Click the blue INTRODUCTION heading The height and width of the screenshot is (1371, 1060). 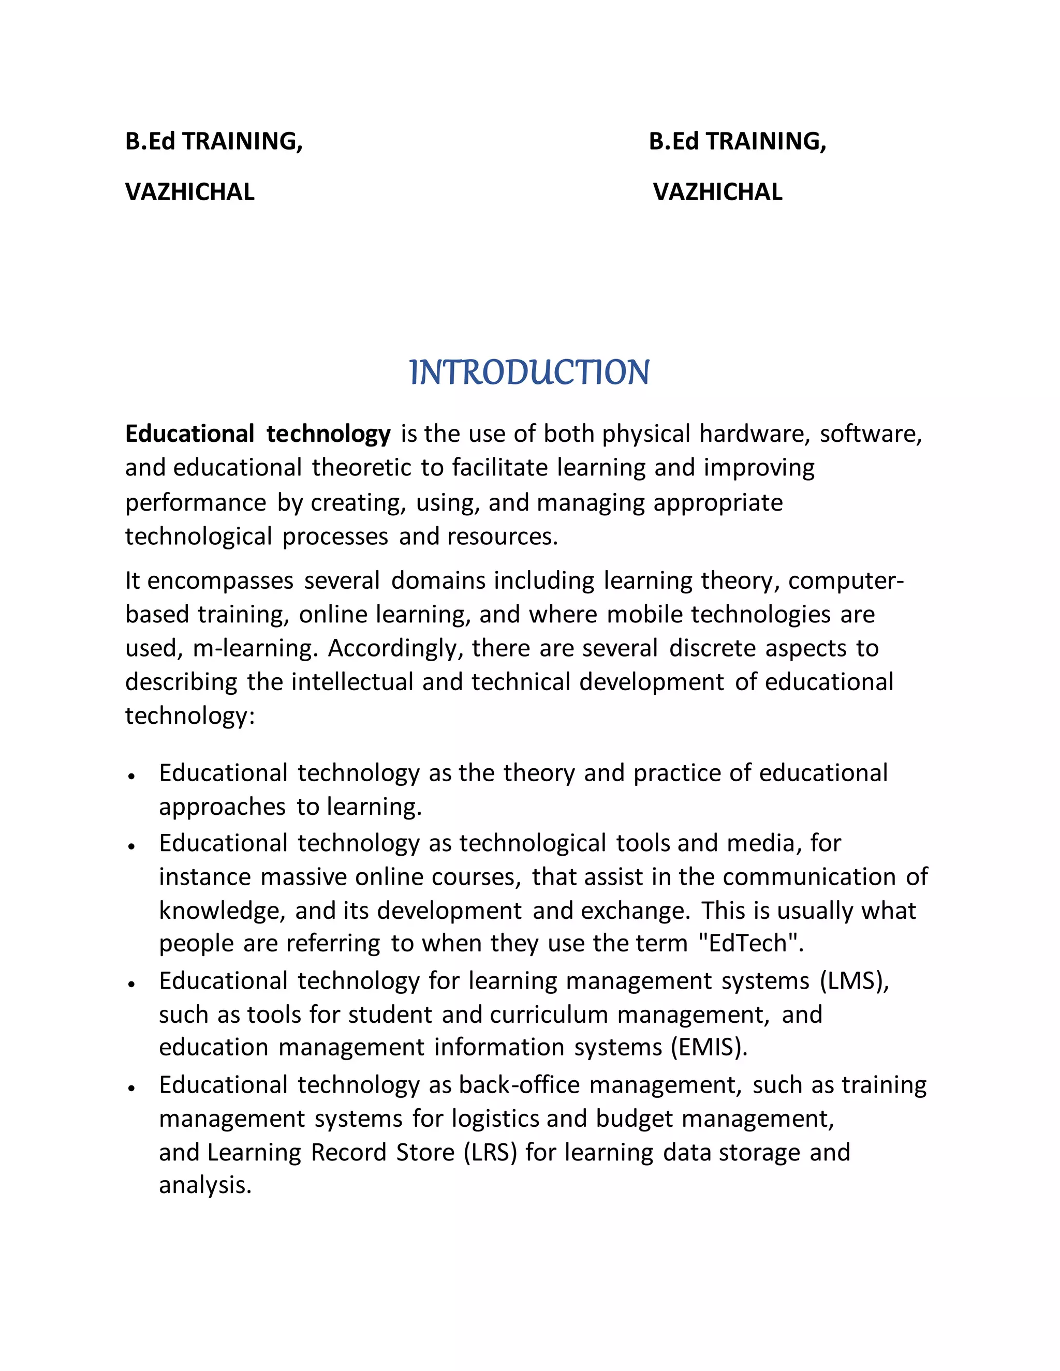[529, 372]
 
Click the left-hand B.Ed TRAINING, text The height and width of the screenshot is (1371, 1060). [214, 141]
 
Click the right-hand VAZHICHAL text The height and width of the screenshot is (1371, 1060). [717, 192]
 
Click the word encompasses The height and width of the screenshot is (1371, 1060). [220, 580]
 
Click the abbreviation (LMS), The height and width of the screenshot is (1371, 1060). [855, 980]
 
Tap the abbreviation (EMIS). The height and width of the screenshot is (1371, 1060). [709, 1047]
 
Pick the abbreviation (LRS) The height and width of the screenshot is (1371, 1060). [490, 1153]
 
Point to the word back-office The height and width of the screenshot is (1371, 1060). [519, 1085]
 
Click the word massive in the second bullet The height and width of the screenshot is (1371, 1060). [303, 877]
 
